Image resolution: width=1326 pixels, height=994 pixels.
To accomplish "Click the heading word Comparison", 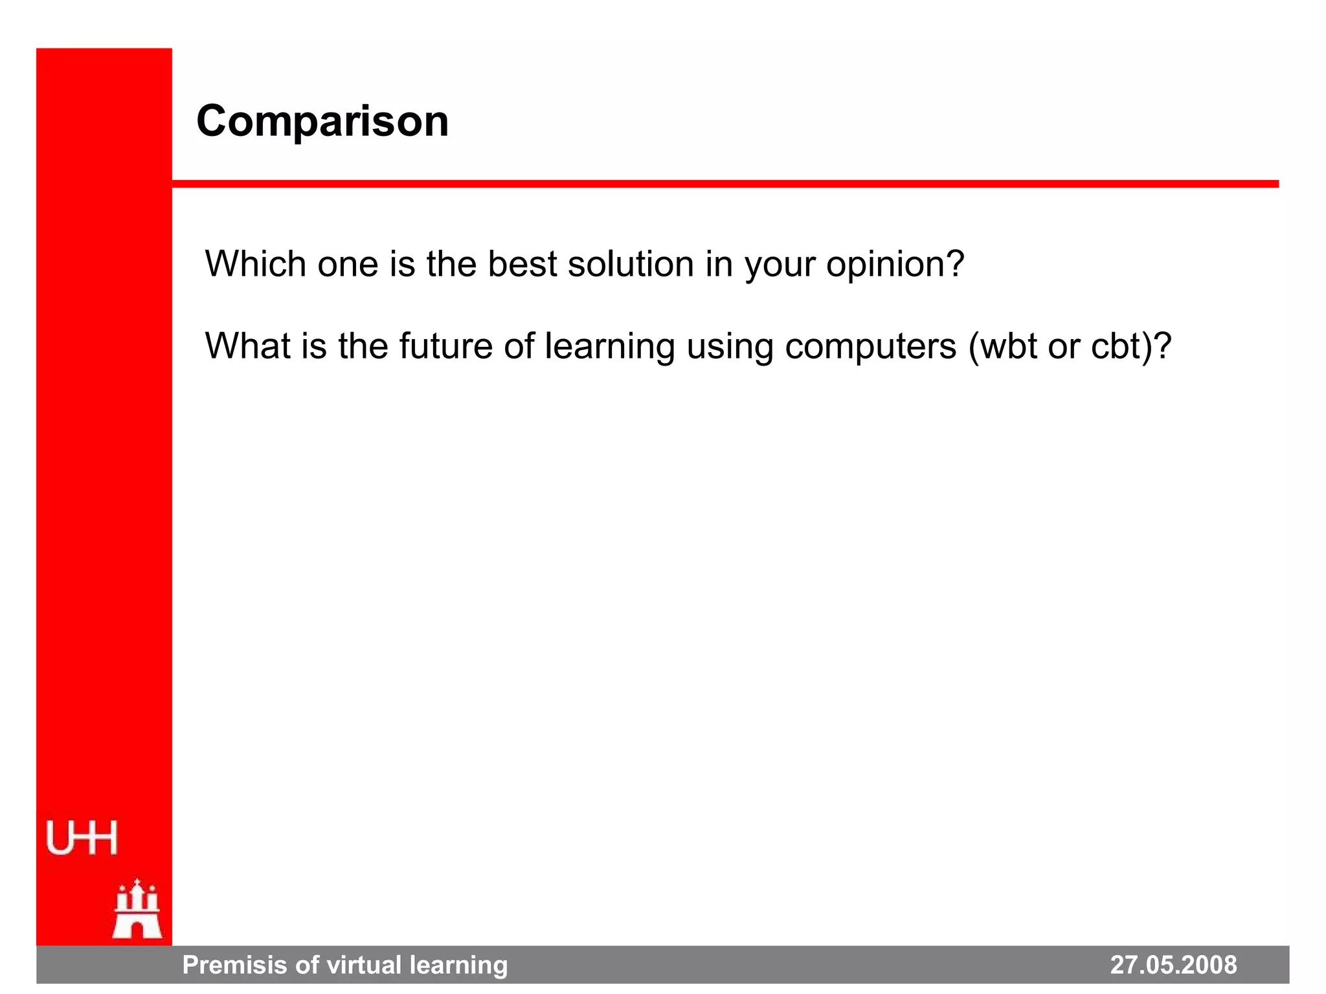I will [x=322, y=122].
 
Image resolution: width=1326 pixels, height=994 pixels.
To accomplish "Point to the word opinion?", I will [x=895, y=265].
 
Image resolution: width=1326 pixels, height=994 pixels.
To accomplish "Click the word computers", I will [x=870, y=347].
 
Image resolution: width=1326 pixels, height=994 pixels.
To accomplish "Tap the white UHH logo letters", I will [x=82, y=838].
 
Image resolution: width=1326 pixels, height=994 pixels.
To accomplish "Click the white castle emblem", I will [x=137, y=909].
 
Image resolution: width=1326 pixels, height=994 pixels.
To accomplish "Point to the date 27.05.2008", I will [x=1173, y=965].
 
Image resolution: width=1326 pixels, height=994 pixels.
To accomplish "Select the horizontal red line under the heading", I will [x=725, y=184].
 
